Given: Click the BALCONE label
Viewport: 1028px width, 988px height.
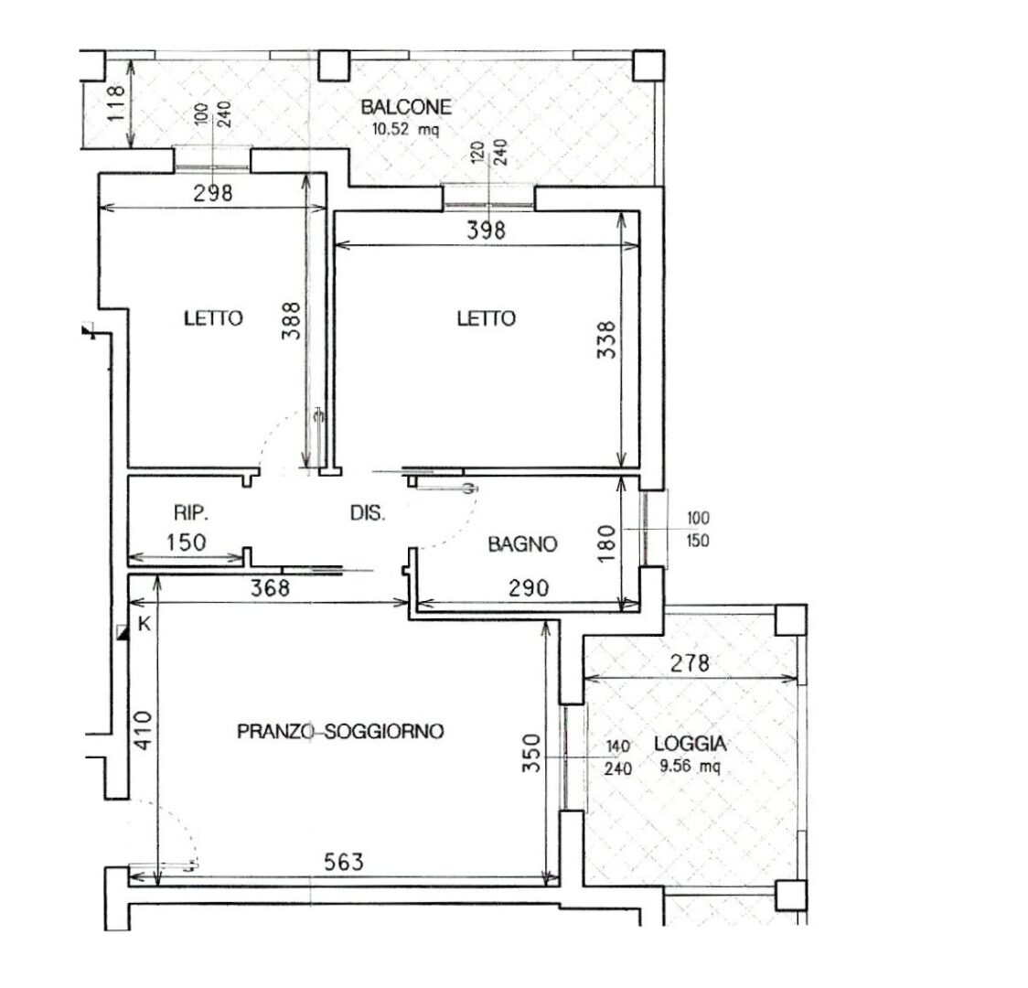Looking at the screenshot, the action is tap(406, 107).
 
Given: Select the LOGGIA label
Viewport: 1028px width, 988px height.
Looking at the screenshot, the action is tap(690, 744).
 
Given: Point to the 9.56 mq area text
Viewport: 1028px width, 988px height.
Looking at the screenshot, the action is tap(690, 766).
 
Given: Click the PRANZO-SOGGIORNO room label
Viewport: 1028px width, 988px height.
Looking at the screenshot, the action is tap(340, 731).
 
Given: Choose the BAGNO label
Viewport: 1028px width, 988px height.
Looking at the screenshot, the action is tap(522, 544).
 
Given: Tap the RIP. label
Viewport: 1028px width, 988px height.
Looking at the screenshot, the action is tap(191, 512).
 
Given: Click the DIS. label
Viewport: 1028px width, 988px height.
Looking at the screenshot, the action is tap(368, 512).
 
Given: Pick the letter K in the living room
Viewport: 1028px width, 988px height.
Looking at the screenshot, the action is tap(145, 624).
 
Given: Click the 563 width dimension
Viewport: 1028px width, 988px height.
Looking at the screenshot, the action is tap(344, 862).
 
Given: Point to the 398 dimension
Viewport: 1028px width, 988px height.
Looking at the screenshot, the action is tap(486, 231).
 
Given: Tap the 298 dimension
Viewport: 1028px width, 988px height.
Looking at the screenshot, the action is tap(213, 193).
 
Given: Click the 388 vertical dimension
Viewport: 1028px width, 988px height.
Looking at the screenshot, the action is tap(291, 320).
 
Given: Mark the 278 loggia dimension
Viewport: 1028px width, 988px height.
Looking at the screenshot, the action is tap(690, 663).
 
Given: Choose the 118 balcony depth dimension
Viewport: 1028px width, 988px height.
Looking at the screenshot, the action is tap(114, 103).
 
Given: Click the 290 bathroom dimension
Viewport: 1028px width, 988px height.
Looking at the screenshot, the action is tap(529, 587).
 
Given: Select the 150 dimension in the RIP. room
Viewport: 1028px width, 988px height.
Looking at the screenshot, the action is tap(187, 542).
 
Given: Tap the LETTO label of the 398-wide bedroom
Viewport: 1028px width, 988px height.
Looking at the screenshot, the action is tap(486, 318).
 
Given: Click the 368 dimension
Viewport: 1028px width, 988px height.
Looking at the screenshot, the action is tap(270, 587).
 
